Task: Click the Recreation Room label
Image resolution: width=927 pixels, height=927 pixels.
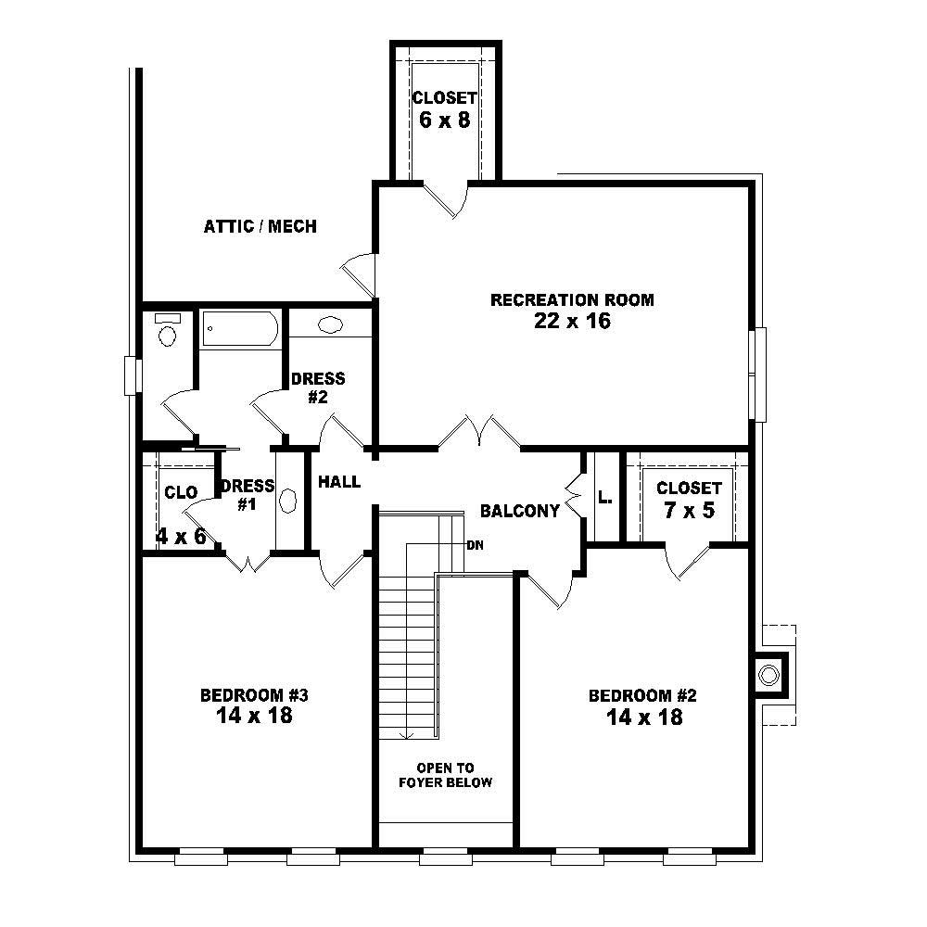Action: pyautogui.click(x=572, y=299)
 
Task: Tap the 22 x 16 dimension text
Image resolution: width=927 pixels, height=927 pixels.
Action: pyautogui.click(x=572, y=322)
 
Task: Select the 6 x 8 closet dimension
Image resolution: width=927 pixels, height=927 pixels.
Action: pyautogui.click(x=444, y=121)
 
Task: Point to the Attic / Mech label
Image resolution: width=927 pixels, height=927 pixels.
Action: pyautogui.click(x=260, y=226)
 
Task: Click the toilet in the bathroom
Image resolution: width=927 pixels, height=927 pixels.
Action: pyautogui.click(x=167, y=332)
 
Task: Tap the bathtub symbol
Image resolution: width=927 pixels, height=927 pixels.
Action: pyautogui.click(x=239, y=328)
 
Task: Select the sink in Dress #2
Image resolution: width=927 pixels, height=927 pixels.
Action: pyautogui.click(x=330, y=325)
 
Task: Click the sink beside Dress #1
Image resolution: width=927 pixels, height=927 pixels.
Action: pyautogui.click(x=288, y=502)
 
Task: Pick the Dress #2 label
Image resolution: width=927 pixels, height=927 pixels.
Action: pyautogui.click(x=318, y=387)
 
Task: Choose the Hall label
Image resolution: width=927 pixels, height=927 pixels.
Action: pyautogui.click(x=339, y=482)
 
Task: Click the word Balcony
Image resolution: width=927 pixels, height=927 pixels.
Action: pyautogui.click(x=520, y=511)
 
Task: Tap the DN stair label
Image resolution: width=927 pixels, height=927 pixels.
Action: pyautogui.click(x=474, y=545)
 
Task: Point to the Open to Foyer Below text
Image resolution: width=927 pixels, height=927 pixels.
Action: pyautogui.click(x=445, y=775)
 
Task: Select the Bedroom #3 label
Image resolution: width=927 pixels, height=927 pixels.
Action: pyautogui.click(x=254, y=695)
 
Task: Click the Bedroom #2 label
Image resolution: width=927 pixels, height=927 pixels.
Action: pyautogui.click(x=642, y=695)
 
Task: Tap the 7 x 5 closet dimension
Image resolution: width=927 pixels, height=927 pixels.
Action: pyautogui.click(x=689, y=510)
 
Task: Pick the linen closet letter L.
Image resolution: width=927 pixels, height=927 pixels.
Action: pyautogui.click(x=604, y=499)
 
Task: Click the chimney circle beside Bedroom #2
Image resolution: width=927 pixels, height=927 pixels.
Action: pyautogui.click(x=768, y=675)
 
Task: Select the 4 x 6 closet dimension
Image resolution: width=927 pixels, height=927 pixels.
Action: pyautogui.click(x=181, y=536)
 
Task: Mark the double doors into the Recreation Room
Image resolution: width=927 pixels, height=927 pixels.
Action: pyautogui.click(x=479, y=433)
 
